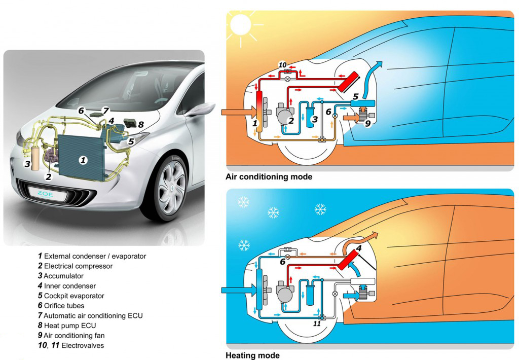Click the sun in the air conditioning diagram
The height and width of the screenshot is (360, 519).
point(240,24)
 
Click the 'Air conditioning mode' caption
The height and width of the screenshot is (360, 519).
point(269,177)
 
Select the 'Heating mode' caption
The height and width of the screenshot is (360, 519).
point(252,356)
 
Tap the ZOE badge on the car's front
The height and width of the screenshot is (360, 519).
point(45,194)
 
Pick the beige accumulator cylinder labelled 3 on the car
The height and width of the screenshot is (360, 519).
point(35,159)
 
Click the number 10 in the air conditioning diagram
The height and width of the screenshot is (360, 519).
point(282,65)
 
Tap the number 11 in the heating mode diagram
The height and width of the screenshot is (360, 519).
point(317,323)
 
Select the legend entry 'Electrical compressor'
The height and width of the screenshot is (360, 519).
point(75,266)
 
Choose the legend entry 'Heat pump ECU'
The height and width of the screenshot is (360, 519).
point(67,326)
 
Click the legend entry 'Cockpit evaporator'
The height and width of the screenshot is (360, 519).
point(71,296)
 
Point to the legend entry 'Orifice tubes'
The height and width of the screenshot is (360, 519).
point(61,306)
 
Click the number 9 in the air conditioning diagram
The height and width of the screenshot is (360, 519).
point(367,124)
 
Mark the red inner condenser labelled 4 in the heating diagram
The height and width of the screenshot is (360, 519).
point(348,260)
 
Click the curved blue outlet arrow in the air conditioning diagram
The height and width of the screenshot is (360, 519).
point(372,80)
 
